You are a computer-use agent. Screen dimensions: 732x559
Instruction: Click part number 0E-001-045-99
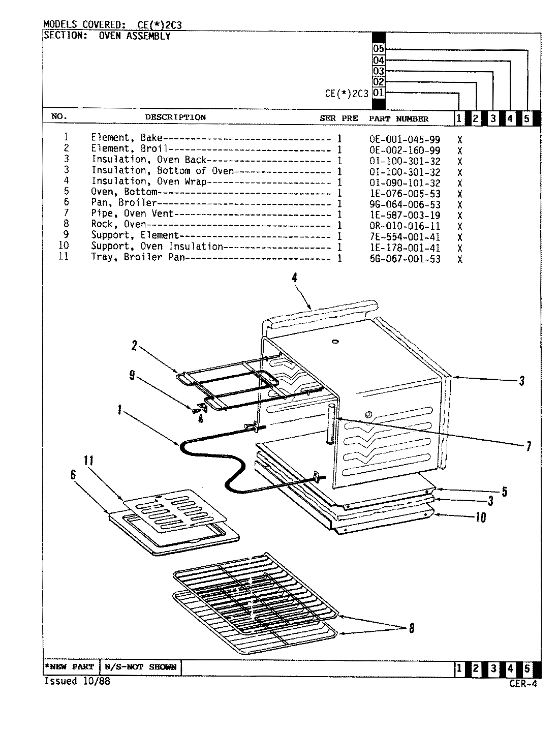(405, 140)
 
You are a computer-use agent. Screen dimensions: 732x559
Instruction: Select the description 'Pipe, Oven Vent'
(132, 214)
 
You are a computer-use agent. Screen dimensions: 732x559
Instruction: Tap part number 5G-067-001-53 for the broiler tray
(405, 259)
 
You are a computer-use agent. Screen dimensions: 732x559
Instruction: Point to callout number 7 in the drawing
(529, 446)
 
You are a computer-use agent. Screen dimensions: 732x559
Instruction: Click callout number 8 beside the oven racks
(412, 629)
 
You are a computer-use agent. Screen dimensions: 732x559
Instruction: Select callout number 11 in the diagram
(88, 461)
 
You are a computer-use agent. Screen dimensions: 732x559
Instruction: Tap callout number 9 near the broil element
(132, 375)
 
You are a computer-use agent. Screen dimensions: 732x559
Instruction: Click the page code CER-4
(522, 684)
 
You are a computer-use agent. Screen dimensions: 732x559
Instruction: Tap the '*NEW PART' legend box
(72, 667)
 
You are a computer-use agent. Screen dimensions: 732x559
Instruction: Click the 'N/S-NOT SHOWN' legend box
(141, 667)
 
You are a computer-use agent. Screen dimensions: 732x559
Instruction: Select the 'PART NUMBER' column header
(398, 118)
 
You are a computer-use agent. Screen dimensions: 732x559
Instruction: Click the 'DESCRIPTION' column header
(175, 117)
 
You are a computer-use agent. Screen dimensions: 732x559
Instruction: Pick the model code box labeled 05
(379, 49)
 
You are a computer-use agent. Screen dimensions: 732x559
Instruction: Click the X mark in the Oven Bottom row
(459, 194)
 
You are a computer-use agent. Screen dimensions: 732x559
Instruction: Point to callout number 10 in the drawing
(480, 517)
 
